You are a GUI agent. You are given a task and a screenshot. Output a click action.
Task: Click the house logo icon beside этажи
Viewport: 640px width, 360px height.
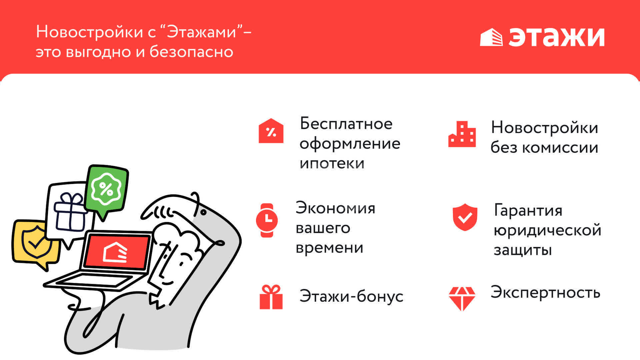(x=491, y=37)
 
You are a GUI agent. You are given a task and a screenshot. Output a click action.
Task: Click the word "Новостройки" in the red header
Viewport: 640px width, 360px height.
(x=90, y=32)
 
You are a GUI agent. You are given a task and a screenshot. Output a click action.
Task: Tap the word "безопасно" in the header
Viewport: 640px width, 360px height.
(x=191, y=52)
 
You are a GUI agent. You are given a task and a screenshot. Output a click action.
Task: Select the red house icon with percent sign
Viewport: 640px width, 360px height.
(x=271, y=131)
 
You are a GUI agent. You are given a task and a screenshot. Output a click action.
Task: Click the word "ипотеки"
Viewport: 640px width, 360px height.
(x=332, y=163)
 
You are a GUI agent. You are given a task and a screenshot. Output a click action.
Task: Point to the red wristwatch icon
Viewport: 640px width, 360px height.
(x=267, y=220)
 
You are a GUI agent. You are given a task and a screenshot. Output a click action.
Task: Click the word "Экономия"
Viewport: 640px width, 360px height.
(x=335, y=208)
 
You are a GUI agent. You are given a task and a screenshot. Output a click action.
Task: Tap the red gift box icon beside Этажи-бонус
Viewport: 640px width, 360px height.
(x=271, y=297)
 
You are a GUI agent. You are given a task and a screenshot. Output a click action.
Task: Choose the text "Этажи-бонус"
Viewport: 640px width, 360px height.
(x=351, y=296)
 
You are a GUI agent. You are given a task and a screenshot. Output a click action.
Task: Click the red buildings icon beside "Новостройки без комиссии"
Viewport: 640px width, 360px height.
(x=462, y=134)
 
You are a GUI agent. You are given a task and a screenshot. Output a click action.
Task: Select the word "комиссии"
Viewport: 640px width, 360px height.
(x=560, y=147)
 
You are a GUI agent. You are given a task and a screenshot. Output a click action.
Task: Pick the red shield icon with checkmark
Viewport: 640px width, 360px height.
(x=465, y=217)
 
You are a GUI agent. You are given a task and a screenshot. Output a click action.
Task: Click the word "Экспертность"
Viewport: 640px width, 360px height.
(x=545, y=293)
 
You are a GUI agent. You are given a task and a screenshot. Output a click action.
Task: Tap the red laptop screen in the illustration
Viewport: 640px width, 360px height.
(x=116, y=252)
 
